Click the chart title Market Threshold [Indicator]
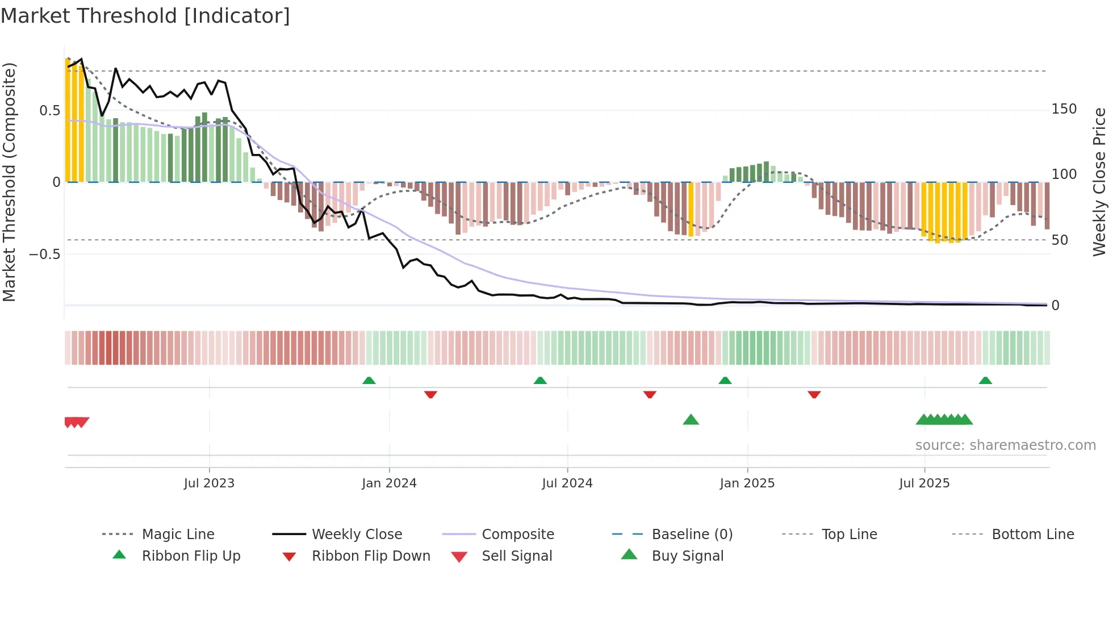145,16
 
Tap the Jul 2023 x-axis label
209,483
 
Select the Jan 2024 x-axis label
389,483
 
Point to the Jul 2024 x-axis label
567,483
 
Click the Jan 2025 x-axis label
747,483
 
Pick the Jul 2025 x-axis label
924,483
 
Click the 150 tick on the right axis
1064,109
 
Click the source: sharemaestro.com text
1005,445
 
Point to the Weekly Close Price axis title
1099,182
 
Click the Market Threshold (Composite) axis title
9,182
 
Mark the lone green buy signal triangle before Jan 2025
691,420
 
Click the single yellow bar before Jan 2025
691,209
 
